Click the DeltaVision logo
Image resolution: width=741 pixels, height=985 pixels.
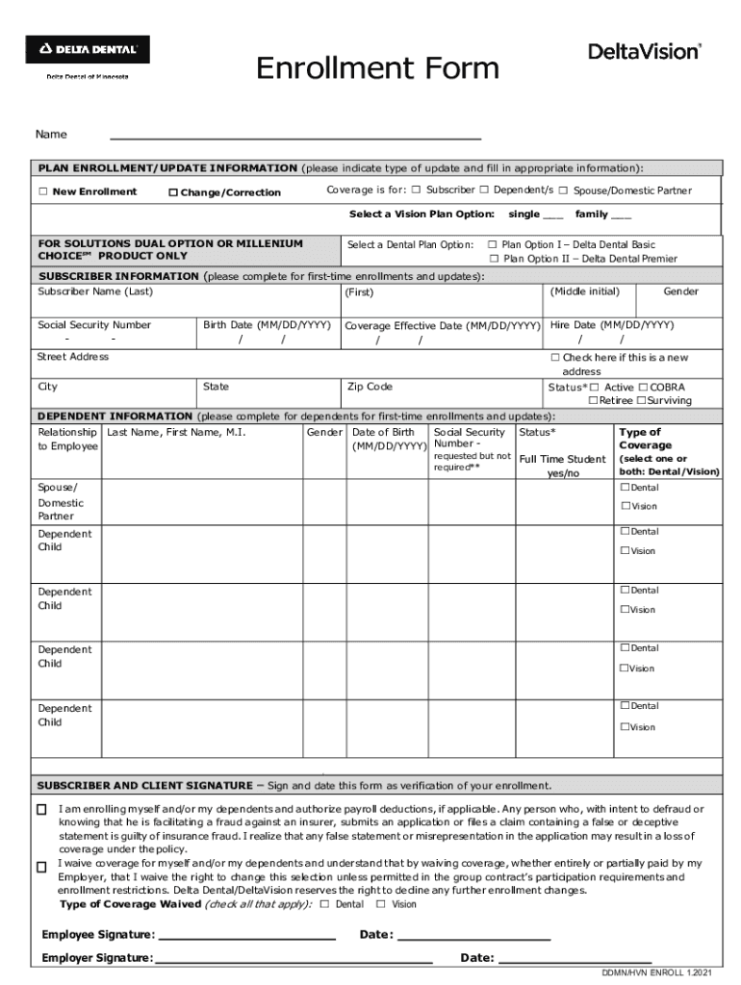[x=645, y=52]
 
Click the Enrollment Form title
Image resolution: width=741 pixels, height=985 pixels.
[x=377, y=69]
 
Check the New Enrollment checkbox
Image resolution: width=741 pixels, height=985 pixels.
[x=43, y=192]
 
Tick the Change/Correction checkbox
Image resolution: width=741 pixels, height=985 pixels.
[x=173, y=193]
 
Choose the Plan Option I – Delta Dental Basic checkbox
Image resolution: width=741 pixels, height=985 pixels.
[x=493, y=245]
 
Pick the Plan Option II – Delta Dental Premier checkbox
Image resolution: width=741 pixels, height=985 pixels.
[x=494, y=259]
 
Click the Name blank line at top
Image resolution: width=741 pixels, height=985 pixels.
[x=294, y=135]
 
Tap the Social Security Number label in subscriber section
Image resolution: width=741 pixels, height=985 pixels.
[x=94, y=325]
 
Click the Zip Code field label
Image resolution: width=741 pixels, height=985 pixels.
[x=370, y=387]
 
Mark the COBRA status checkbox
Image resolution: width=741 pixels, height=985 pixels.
[x=643, y=387]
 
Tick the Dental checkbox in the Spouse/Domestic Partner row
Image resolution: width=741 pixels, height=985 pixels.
[x=625, y=488]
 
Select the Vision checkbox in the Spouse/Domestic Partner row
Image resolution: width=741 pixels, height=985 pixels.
[x=625, y=506]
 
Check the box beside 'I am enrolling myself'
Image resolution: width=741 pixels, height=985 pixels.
[x=41, y=810]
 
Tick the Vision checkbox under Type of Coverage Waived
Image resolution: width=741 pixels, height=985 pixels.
[x=381, y=904]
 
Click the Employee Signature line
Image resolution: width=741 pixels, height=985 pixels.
[x=246, y=935]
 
